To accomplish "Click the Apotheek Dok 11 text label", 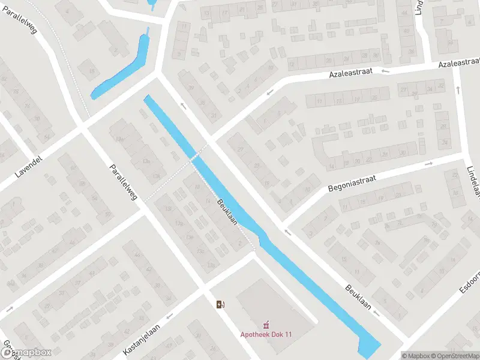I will [266, 334].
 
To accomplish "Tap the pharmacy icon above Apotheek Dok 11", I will [266, 325].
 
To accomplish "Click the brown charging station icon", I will [221, 304].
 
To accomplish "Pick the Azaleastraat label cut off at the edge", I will [460, 64].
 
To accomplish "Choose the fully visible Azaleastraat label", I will [350, 73].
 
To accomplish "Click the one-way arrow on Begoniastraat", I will [428, 163].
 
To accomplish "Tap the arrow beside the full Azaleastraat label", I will [385, 70].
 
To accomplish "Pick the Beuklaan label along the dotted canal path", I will [228, 211].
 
